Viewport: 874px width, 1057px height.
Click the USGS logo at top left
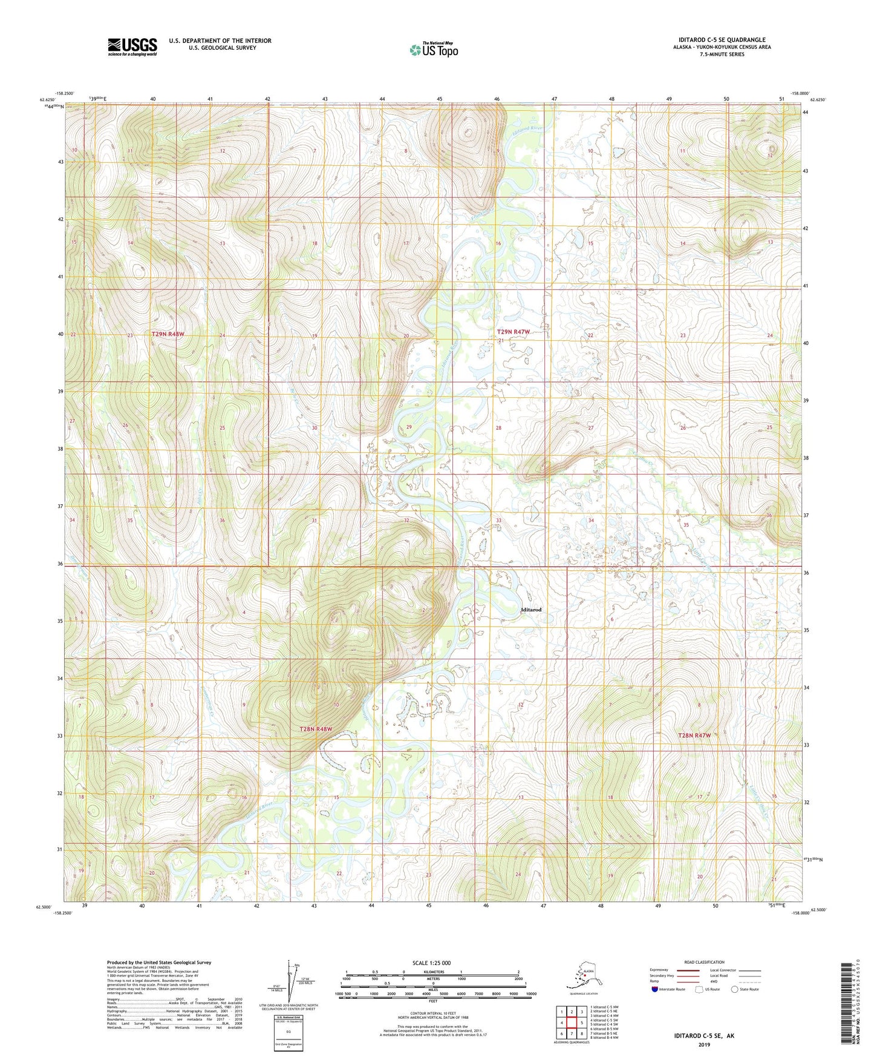[132, 47]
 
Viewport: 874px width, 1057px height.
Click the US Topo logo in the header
[433, 50]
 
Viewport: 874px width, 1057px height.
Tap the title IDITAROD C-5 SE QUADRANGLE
[722, 40]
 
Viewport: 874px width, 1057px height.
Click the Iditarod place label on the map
[530, 610]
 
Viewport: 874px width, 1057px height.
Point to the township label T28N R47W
[694, 736]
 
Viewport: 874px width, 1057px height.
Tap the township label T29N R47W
[513, 332]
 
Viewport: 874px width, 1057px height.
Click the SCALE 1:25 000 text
[431, 963]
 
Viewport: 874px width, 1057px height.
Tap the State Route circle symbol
[734, 990]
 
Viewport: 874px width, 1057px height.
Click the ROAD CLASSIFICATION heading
[704, 962]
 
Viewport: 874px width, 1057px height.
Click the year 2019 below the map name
[704, 1045]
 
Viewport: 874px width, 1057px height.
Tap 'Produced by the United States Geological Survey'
[159, 962]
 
